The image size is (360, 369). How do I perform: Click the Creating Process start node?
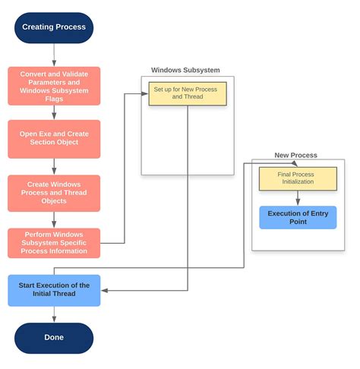(53, 27)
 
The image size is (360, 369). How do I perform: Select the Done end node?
(53, 337)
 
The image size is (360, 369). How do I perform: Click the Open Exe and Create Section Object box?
(53, 138)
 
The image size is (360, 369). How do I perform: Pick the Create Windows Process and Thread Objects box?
(53, 193)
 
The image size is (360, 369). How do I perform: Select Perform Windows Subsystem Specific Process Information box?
(53, 243)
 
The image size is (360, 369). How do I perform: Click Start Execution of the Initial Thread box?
(53, 290)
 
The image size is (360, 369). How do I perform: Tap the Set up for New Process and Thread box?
(187, 93)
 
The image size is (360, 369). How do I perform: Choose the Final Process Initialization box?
(297, 179)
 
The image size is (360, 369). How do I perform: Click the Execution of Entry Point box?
(297, 218)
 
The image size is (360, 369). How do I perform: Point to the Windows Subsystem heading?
(185, 71)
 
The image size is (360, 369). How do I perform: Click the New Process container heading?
(295, 155)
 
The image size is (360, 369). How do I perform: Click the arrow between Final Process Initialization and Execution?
(297, 198)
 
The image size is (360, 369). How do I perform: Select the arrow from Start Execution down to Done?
(53, 314)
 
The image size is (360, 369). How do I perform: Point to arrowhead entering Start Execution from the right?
(104, 290)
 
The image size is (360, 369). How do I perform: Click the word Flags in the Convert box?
(53, 99)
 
